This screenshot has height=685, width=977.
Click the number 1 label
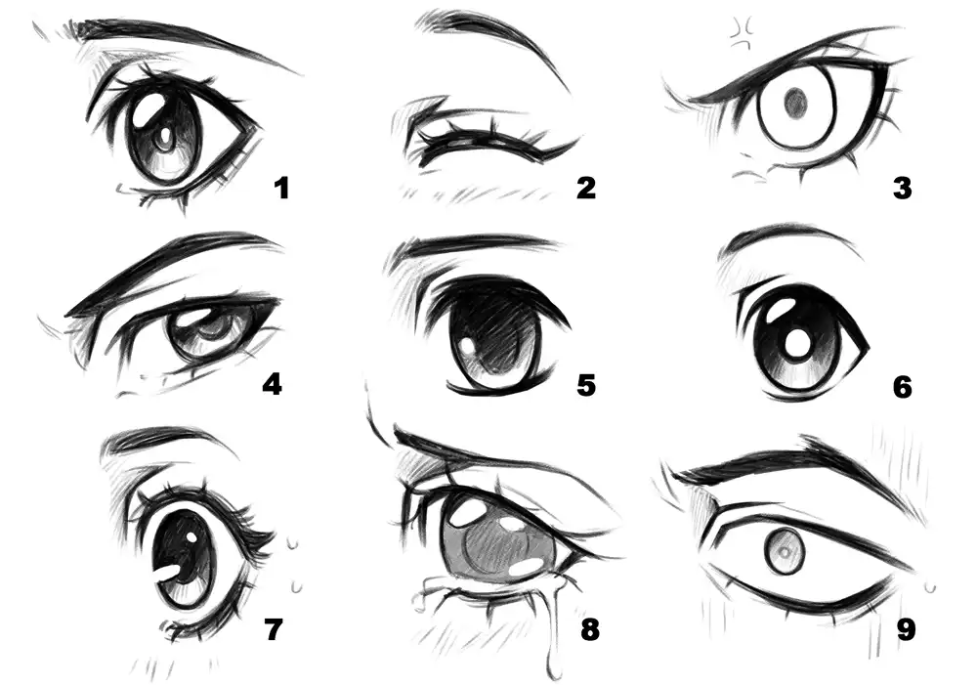[282, 189]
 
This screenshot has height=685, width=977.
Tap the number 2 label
[586, 188]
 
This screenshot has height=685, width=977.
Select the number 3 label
[902, 189]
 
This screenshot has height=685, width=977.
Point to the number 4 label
[273, 384]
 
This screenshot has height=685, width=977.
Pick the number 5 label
[586, 385]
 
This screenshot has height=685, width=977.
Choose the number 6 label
[902, 387]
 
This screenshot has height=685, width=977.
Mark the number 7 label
[274, 629]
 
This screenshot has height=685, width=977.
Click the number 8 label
[589, 629]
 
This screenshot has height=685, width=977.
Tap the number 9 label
[906, 629]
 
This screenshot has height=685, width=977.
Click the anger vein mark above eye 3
[743, 34]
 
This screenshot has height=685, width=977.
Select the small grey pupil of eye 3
[795, 103]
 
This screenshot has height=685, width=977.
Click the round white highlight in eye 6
[795, 343]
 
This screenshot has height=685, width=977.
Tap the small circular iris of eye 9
[784, 551]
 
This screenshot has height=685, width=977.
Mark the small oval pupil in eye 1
[165, 137]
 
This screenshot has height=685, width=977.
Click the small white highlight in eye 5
[467, 346]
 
